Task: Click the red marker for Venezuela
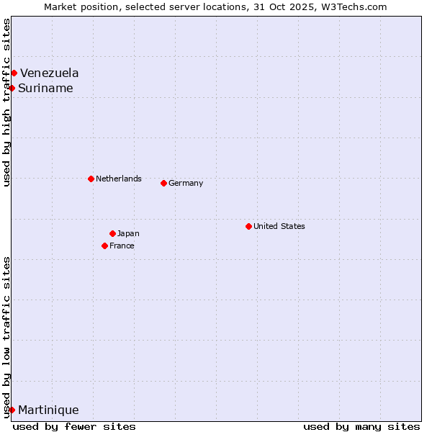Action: [14, 73]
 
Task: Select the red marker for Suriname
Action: [12, 88]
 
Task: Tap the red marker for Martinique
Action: [12, 410]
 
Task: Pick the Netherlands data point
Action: [91, 179]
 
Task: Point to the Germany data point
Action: [163, 183]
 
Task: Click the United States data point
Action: [248, 226]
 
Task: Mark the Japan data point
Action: [112, 233]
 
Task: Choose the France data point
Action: [105, 246]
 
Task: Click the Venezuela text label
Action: [50, 73]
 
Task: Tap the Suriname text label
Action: [45, 88]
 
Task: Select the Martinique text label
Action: [48, 410]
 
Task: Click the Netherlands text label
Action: [119, 179]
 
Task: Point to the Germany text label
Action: [186, 183]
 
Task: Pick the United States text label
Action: [279, 226]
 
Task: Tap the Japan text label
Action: [128, 233]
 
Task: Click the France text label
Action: [122, 246]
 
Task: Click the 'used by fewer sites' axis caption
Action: [74, 426]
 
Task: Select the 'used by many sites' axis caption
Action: [361, 426]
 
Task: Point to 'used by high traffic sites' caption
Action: [6, 102]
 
